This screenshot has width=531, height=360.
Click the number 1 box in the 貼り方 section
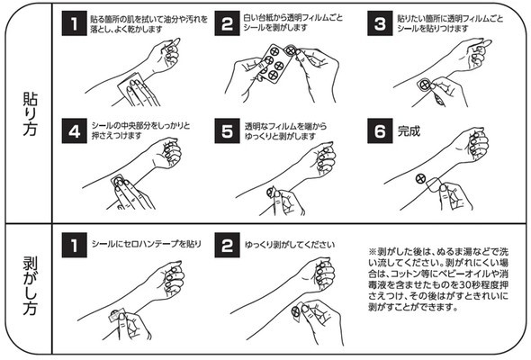coord(74,23)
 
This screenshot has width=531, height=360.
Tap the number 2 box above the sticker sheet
coord(227,23)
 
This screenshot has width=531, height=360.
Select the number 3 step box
coord(380,23)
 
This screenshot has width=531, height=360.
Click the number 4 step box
coord(74,130)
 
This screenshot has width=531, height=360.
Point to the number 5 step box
coord(227,130)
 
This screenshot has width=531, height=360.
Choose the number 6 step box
coord(380,130)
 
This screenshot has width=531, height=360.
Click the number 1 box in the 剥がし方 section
coord(74,245)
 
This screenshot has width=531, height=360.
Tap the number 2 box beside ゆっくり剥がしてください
coord(227,245)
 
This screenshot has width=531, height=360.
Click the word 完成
coord(409,131)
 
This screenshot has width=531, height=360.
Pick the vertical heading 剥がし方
coord(30,286)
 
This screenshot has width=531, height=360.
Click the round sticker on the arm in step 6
coord(420,178)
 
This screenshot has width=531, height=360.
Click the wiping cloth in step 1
coord(132,89)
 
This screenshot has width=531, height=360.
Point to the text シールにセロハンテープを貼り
coord(147,244)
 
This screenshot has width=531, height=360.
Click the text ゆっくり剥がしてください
coord(290,245)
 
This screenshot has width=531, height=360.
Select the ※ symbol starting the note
coord(373,252)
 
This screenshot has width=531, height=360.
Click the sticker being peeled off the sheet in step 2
coord(290,50)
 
